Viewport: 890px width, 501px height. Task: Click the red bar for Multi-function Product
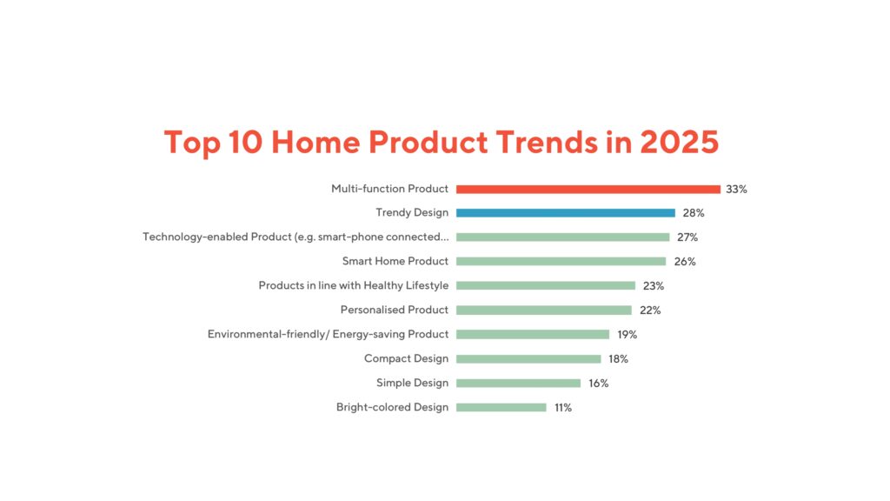(x=588, y=189)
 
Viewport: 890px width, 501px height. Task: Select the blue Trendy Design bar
(x=565, y=213)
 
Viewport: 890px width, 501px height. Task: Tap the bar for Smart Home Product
(x=561, y=261)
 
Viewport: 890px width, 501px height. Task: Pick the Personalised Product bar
(x=543, y=310)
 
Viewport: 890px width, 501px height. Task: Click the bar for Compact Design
(x=528, y=358)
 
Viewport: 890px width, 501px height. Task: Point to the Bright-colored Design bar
(x=501, y=407)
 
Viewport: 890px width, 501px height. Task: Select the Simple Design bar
(x=518, y=383)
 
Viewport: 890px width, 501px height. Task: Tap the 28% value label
(x=693, y=213)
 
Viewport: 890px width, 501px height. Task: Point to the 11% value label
(x=563, y=407)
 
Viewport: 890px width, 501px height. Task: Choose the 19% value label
(x=627, y=334)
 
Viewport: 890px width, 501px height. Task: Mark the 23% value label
(x=653, y=285)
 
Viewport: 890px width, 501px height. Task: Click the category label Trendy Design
(x=412, y=213)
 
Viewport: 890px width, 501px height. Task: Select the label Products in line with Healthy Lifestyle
(x=354, y=285)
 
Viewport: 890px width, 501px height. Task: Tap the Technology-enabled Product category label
(x=296, y=237)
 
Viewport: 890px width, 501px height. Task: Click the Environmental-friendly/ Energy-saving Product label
(x=329, y=334)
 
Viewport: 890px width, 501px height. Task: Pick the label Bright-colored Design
(x=393, y=407)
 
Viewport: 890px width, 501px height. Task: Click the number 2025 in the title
(x=680, y=142)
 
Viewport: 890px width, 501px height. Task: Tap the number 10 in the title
(x=246, y=142)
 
